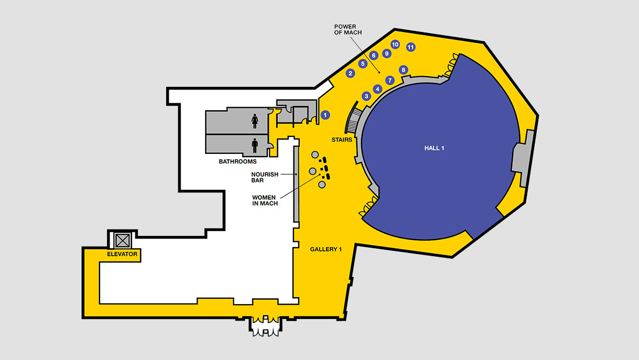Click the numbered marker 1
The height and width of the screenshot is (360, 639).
325,114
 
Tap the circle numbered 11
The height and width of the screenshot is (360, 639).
411,47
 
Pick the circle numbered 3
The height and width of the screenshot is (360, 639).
366,96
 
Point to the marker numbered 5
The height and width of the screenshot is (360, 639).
363,64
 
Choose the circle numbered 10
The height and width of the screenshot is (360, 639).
395,44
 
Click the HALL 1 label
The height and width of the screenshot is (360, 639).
435,148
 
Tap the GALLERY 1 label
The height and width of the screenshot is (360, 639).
325,249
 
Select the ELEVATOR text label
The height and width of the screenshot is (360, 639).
122,255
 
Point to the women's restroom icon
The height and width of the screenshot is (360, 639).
255,121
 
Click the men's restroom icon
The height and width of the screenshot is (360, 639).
255,144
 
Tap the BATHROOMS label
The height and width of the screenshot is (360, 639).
237,161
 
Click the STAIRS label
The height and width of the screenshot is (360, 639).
342,140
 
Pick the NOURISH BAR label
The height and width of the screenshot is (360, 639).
265,177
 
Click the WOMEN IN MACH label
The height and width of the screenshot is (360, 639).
265,200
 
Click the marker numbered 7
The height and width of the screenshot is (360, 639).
389,80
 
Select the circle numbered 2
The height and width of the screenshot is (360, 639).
350,73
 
